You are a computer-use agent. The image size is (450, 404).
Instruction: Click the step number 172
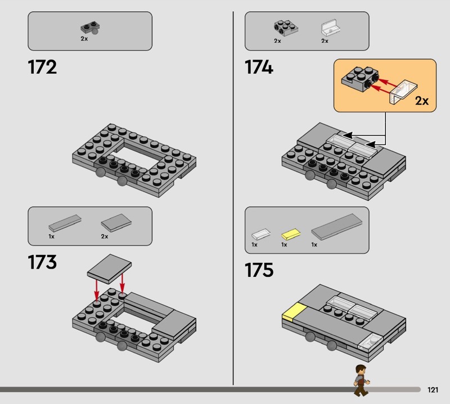click(x=42, y=67)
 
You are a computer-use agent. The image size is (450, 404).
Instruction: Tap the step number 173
click(x=42, y=262)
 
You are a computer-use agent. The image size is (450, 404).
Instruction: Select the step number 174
click(x=259, y=67)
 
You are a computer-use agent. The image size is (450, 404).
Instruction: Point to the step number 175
click(x=259, y=270)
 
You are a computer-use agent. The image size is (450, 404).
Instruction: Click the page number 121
click(x=433, y=389)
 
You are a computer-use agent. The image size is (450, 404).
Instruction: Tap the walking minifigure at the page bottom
click(x=362, y=380)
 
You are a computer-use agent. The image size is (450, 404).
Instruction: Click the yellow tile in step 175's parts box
click(x=291, y=234)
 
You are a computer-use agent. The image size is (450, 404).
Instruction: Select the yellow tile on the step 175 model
click(x=294, y=311)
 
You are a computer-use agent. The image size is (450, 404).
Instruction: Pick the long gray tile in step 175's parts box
click(x=336, y=227)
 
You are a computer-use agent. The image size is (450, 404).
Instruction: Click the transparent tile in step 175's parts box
click(x=261, y=234)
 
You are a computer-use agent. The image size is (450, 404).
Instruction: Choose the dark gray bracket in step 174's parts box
click(x=286, y=28)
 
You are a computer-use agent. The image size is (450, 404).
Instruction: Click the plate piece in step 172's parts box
click(x=90, y=28)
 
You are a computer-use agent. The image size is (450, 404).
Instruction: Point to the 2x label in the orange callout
click(x=422, y=101)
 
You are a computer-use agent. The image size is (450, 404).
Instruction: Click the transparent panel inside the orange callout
click(x=403, y=92)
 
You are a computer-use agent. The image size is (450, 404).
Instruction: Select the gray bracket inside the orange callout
click(x=360, y=79)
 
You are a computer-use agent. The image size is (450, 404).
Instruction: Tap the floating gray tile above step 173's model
click(x=109, y=269)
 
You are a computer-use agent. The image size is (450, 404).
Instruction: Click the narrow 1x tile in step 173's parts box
click(x=65, y=223)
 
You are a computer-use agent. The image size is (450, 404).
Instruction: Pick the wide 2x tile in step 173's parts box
click(x=116, y=222)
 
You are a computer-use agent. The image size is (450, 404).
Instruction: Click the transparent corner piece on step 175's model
click(x=370, y=342)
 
